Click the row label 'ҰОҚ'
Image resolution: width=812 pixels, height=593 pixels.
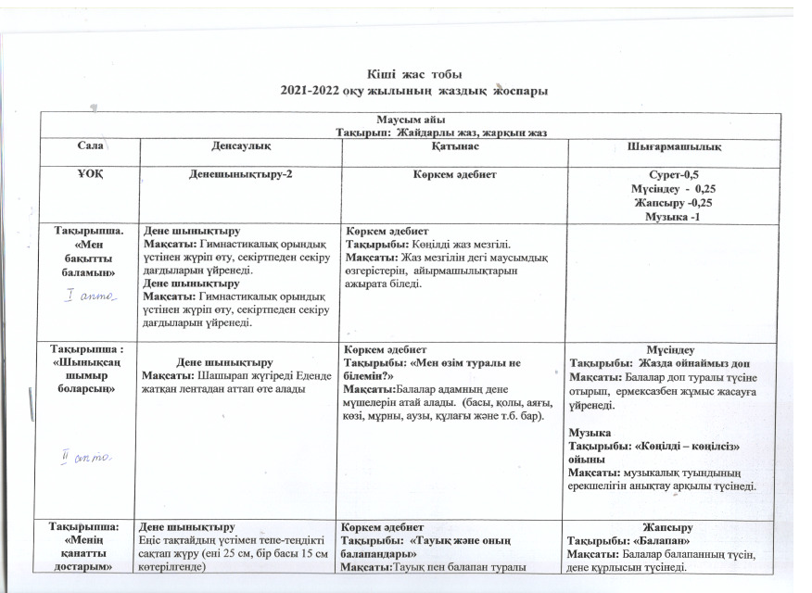click(x=89, y=175)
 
